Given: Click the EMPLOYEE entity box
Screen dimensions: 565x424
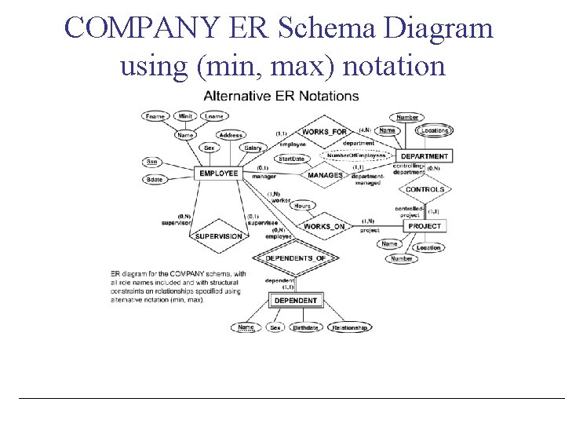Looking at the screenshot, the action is pyautogui.click(x=218, y=173).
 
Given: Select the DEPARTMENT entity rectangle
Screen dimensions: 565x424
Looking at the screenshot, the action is pyautogui.click(x=425, y=156).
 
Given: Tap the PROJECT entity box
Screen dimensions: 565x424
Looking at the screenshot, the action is pyautogui.click(x=425, y=226).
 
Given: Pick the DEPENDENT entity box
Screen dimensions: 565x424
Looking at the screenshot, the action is pyautogui.click(x=295, y=301).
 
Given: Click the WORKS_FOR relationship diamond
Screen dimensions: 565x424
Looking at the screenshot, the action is pyautogui.click(x=324, y=132).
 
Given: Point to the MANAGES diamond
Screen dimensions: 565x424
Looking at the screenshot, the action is pyautogui.click(x=325, y=175).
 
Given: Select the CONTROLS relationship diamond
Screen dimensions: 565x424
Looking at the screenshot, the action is pyautogui.click(x=425, y=189).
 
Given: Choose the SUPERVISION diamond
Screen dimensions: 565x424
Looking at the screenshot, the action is pyautogui.click(x=218, y=236).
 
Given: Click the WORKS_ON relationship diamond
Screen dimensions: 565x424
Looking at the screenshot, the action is pyautogui.click(x=323, y=226).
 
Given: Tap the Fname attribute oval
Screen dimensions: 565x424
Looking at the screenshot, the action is pyautogui.click(x=155, y=116).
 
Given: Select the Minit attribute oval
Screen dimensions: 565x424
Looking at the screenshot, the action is pyautogui.click(x=185, y=116).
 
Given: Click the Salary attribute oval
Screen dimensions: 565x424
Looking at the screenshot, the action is pyautogui.click(x=253, y=148).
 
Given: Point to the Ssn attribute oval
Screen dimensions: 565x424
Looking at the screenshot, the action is pyautogui.click(x=151, y=162).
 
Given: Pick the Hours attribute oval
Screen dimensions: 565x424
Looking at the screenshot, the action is pyautogui.click(x=303, y=206).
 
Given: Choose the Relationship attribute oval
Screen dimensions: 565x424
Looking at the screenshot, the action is pyautogui.click(x=349, y=327).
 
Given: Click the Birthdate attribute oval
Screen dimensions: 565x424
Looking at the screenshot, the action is pyautogui.click(x=305, y=327).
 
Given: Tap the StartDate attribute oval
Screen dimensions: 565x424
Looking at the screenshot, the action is pyautogui.click(x=291, y=159).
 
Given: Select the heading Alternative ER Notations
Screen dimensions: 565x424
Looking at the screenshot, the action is pyautogui.click(x=281, y=97).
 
